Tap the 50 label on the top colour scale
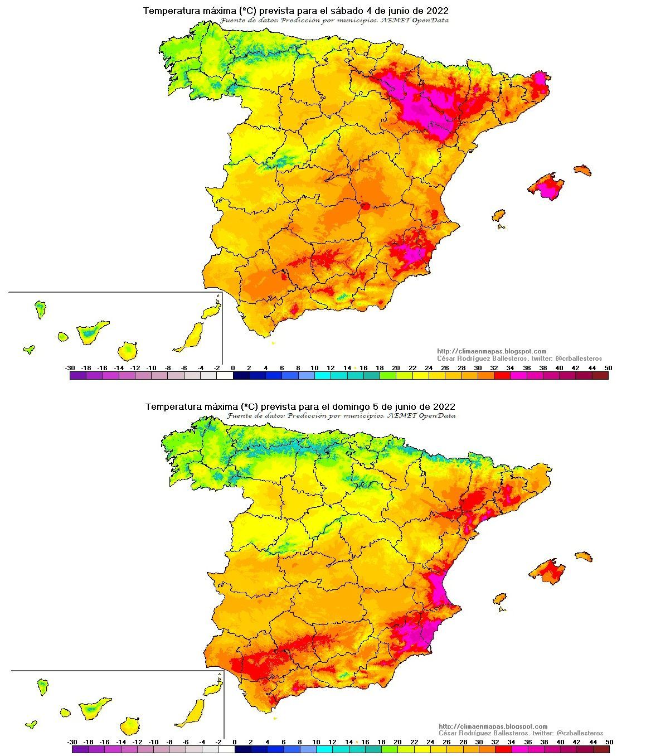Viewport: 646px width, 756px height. tap(608, 368)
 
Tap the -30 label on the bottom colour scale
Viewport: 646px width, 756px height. tap(72, 743)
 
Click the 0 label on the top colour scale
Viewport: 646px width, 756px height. tap(233, 368)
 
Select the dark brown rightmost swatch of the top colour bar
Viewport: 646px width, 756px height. tap(600, 376)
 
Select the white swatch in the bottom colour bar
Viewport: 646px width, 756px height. tap(226, 750)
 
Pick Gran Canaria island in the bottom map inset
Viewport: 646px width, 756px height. tap(129, 725)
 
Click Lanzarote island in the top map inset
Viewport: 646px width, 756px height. tap(211, 311)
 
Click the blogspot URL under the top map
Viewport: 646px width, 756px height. tap(492, 351)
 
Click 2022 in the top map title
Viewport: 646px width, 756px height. tap(438, 11)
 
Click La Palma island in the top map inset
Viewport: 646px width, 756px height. tap(40, 308)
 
